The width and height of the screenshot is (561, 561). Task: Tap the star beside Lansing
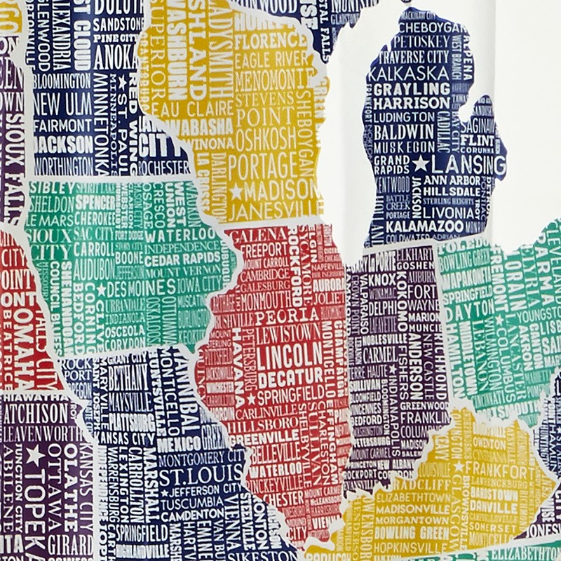[x=420, y=165]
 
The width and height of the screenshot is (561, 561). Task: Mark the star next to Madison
[x=236, y=191]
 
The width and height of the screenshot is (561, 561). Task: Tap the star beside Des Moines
[x=102, y=289]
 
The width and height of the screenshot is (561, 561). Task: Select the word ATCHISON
[x=34, y=412]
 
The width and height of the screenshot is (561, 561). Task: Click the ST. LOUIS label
[x=193, y=478]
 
